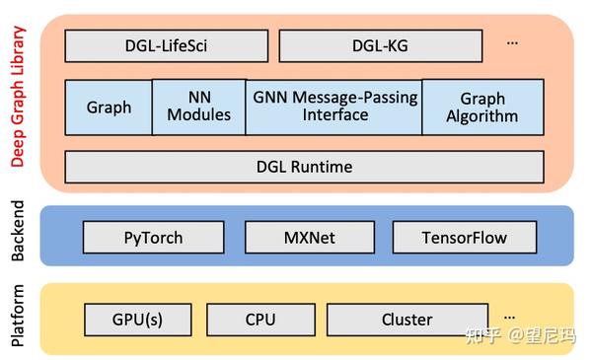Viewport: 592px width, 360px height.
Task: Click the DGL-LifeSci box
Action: coord(166,46)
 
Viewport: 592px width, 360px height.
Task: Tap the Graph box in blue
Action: coord(109,108)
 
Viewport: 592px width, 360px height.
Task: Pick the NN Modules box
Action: coord(198,108)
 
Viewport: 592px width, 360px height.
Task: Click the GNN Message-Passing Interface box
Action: coord(334,108)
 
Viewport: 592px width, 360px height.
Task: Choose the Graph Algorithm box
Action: coord(482,108)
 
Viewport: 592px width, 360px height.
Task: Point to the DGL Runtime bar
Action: coord(304,167)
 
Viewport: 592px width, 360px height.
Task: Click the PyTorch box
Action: coord(153,238)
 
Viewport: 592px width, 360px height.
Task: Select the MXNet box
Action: coord(310,238)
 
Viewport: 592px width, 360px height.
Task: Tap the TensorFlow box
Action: coord(464,238)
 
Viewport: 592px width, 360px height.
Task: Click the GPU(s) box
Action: coord(138,320)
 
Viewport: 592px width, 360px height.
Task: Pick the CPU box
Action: coord(260,320)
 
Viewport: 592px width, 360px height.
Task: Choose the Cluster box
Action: coord(407,320)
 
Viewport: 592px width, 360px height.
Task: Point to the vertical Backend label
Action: coord(17,236)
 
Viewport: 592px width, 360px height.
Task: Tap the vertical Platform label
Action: coord(17,318)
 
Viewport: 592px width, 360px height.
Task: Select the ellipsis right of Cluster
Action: coord(509,317)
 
